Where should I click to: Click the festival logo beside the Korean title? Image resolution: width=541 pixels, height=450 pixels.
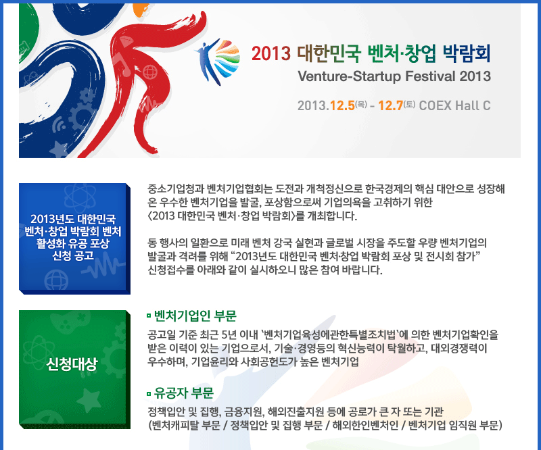(x=218, y=61)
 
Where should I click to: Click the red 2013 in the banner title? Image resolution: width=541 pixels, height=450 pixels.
(x=271, y=53)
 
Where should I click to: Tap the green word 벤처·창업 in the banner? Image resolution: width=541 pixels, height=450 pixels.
(x=402, y=53)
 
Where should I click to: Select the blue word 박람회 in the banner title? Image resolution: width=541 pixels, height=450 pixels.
(x=466, y=53)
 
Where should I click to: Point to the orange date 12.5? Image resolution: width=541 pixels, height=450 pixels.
(x=342, y=105)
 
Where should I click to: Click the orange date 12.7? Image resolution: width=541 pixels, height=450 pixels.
(x=391, y=105)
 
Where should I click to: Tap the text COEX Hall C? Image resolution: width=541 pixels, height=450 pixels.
(x=454, y=105)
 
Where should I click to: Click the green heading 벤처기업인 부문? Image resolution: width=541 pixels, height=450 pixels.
(x=195, y=316)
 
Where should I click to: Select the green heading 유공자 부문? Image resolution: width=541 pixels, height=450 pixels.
(x=183, y=393)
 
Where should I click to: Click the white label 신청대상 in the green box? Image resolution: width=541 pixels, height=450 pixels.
(x=72, y=364)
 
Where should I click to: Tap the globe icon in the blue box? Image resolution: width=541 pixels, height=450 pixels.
(x=56, y=280)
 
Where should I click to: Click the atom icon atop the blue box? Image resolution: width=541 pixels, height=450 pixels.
(x=80, y=197)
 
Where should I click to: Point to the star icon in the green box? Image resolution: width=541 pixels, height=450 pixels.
(x=89, y=401)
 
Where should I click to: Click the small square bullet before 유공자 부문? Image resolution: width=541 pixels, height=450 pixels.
(x=149, y=393)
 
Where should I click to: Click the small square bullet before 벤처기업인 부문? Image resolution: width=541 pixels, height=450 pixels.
(x=149, y=315)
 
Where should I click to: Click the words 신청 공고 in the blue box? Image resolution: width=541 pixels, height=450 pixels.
(x=73, y=255)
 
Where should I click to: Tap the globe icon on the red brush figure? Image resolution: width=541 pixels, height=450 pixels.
(x=149, y=72)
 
